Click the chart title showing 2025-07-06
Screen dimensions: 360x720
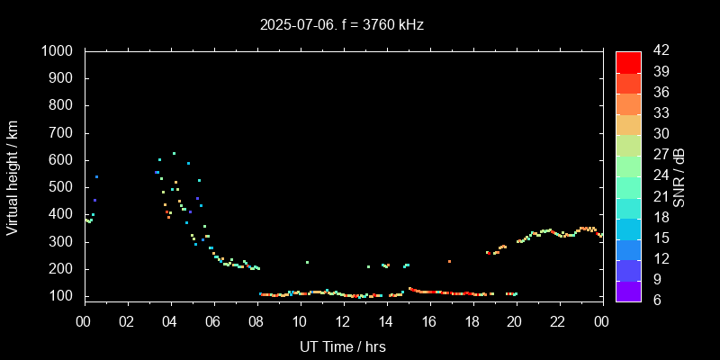pyautogui.click(x=342, y=24)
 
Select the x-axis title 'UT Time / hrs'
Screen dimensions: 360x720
pyautogui.click(x=343, y=346)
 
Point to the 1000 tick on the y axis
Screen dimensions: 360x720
pyautogui.click(x=65, y=51)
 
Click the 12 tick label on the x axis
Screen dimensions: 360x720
pyautogui.click(x=343, y=320)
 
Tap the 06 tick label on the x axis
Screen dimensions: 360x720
pyautogui.click(x=213, y=320)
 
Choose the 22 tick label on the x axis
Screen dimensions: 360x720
pyautogui.click(x=558, y=320)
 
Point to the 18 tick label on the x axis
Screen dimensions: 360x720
pyautogui.click(x=472, y=320)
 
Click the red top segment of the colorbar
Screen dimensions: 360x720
pyautogui.click(x=628, y=61)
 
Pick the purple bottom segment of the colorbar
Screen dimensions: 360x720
pyautogui.click(x=628, y=290)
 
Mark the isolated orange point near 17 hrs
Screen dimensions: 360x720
pyautogui.click(x=449, y=261)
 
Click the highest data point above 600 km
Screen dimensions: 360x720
pyautogui.click(x=174, y=153)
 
